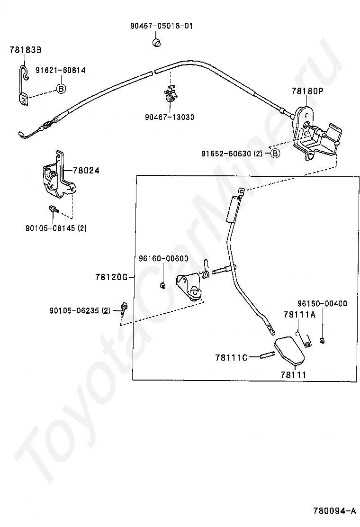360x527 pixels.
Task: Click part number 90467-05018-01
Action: tap(162, 26)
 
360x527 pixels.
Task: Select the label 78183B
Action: tap(25, 49)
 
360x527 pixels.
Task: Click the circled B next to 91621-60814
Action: tap(61, 88)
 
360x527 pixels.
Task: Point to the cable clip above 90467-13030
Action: tap(170, 93)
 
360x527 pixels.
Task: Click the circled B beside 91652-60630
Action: tap(275, 153)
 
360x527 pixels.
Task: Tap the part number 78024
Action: tap(86, 170)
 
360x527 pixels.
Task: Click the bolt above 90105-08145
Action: tap(52, 209)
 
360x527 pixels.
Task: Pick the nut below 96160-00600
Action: tap(162, 285)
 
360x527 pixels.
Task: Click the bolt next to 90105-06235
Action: tap(123, 309)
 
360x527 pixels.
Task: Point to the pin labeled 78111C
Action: tap(268, 357)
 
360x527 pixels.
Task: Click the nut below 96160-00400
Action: tap(322, 339)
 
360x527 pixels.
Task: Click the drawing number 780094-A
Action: tap(333, 511)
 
